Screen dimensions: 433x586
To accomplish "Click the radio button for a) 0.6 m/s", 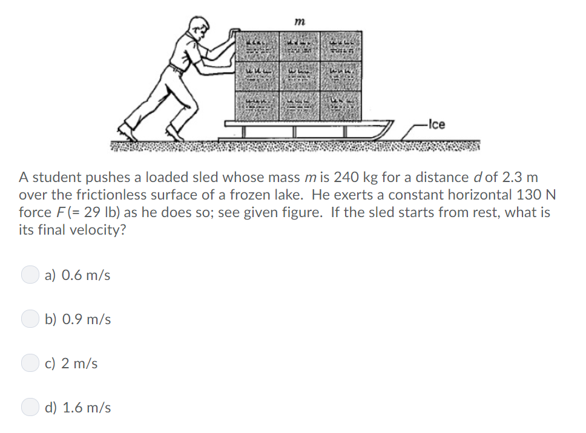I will click(30, 275).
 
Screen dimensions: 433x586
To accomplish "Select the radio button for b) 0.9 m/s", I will click(30, 319).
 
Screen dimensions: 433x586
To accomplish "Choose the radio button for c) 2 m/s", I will click(30, 363).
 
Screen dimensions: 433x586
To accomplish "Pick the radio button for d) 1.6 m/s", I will click(30, 408).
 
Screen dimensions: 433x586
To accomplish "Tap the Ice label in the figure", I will click(436, 125).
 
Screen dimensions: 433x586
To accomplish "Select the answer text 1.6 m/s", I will click(87, 408).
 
